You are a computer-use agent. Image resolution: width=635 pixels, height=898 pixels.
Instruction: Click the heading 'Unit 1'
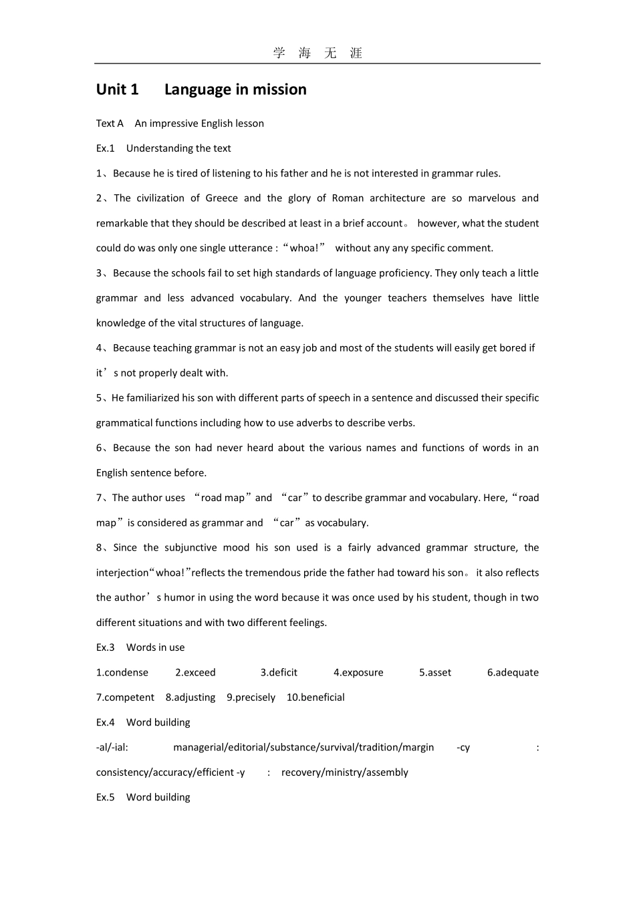pyautogui.click(x=118, y=90)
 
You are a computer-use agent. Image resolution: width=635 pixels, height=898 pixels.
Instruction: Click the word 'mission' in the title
pyautogui.click(x=279, y=90)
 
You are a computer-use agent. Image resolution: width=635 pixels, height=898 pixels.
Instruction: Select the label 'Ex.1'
pyautogui.click(x=106, y=148)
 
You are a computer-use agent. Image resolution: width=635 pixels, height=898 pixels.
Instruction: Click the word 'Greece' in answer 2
pyautogui.click(x=221, y=198)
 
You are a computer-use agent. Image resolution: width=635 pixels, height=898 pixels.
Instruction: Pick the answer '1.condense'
pyautogui.click(x=122, y=673)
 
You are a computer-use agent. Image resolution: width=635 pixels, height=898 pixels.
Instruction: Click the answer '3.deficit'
pyautogui.click(x=279, y=673)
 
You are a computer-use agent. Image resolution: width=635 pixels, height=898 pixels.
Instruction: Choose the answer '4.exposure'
pyautogui.click(x=358, y=673)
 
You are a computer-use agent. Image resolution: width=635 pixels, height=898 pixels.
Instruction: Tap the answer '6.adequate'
pyautogui.click(x=513, y=673)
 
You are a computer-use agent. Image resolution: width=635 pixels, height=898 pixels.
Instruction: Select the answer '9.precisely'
pyautogui.click(x=251, y=698)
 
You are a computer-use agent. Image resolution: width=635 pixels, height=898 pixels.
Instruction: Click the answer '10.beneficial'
pyautogui.click(x=315, y=698)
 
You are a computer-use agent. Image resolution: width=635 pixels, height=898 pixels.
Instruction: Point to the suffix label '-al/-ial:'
pyautogui.click(x=112, y=748)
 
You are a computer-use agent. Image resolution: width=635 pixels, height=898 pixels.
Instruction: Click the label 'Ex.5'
pyautogui.click(x=106, y=797)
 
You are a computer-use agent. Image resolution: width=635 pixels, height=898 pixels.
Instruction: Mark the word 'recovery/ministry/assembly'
pyautogui.click(x=344, y=772)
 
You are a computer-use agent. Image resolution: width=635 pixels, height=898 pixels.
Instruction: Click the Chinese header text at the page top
pyautogui.click(x=317, y=53)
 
